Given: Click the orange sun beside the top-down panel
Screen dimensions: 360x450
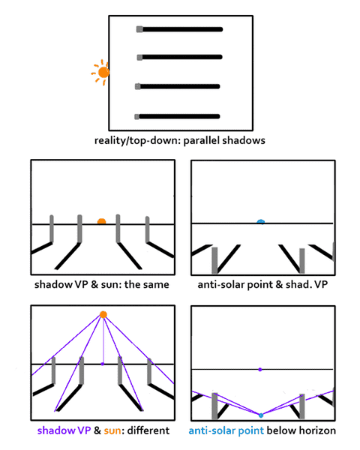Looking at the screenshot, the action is (103, 72).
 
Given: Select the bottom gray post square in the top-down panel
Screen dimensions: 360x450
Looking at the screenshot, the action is (137, 117).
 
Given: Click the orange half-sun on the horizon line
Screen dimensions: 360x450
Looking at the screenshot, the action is (102, 221).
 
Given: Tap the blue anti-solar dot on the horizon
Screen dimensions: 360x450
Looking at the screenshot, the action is (261, 221).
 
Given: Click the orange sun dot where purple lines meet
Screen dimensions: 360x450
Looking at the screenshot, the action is (103, 315).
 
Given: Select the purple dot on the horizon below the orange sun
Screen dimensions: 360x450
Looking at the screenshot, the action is (103, 364).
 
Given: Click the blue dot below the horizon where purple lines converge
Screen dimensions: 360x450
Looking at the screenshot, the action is (261, 415).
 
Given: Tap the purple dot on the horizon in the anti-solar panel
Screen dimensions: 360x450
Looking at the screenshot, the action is (260, 370).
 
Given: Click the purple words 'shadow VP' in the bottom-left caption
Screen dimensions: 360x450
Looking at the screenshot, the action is (64, 430).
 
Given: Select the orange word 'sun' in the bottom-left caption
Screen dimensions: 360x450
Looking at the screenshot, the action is (112, 430).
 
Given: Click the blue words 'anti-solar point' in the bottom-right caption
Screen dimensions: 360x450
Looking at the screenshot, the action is (226, 430).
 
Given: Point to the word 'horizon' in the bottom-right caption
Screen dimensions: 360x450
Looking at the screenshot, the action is (317, 430).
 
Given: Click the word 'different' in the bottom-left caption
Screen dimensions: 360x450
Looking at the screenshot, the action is (148, 430).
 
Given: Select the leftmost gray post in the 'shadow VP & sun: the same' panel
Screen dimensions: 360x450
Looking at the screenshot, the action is (52, 229).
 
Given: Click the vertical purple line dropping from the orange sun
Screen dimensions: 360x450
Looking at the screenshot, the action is (103, 340).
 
